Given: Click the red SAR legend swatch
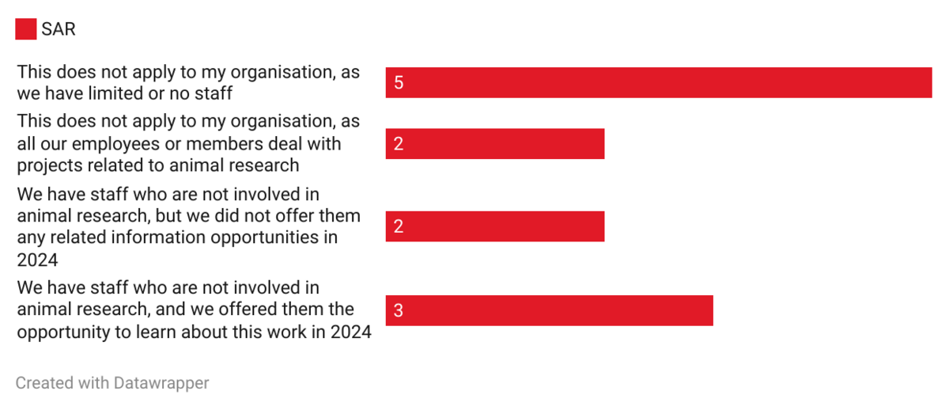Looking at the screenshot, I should tap(26, 29).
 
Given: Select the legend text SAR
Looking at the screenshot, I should tap(58, 29).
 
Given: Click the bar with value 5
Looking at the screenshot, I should tap(658, 82).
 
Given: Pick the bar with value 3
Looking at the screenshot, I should tap(549, 310).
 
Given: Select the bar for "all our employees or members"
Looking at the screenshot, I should tap(494, 144).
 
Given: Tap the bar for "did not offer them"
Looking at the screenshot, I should tap(494, 226).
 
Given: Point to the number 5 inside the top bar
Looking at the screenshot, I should tap(399, 82).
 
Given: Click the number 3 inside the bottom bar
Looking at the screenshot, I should tap(399, 310).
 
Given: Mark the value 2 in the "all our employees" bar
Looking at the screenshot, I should tap(399, 144).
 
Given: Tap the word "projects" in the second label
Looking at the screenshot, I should tap(49, 165).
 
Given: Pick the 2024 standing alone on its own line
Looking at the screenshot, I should tap(37, 260).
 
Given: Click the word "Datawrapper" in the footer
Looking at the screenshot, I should tap(161, 383).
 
